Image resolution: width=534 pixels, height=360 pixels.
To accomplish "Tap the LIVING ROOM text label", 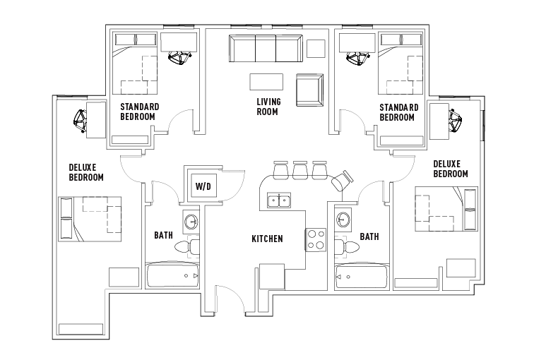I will click(x=268, y=107).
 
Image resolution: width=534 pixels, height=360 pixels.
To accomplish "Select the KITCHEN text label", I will click(x=267, y=239).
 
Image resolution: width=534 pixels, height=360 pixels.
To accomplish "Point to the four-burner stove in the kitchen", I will click(x=315, y=239).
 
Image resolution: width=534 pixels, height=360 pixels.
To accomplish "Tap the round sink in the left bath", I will click(x=191, y=222).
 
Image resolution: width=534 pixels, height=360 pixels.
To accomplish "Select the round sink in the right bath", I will click(x=344, y=220).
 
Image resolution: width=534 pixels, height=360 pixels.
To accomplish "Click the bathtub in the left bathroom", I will click(x=172, y=275).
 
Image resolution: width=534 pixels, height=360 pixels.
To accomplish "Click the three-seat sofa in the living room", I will click(x=263, y=49).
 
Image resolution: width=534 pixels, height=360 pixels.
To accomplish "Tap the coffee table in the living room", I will click(x=266, y=81).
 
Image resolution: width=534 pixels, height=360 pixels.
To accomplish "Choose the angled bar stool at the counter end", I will click(x=341, y=180).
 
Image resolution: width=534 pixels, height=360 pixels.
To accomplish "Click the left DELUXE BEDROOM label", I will click(x=86, y=172).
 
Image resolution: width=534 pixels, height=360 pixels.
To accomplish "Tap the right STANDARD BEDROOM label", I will click(x=398, y=112).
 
